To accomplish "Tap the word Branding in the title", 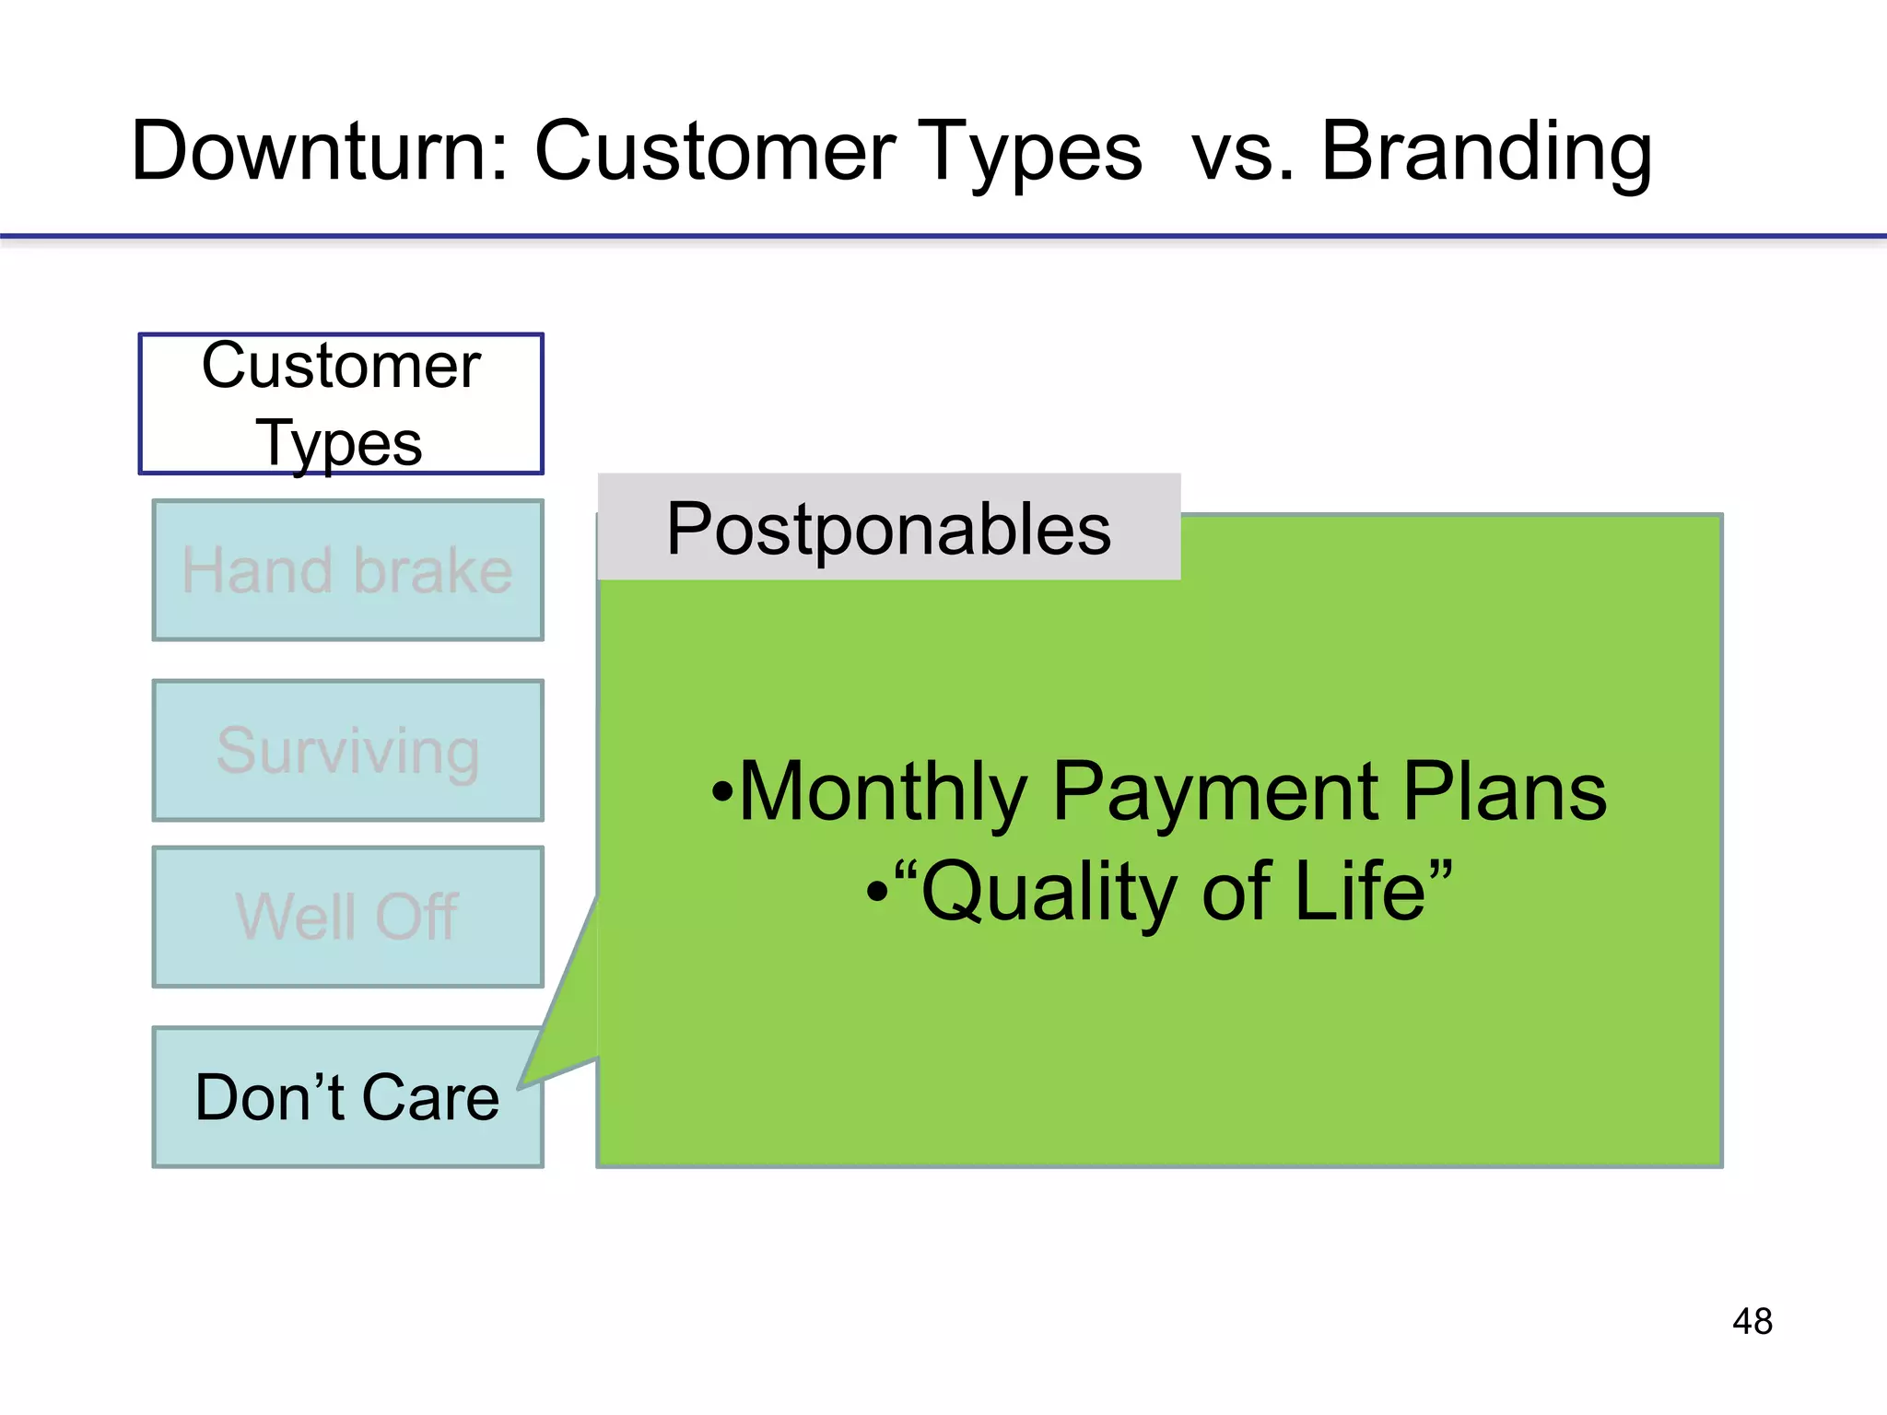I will click(x=1485, y=152).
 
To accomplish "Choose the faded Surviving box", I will click(x=347, y=751).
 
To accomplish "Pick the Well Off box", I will click(x=347, y=917).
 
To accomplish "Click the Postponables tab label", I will click(x=888, y=530).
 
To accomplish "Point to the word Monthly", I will click(x=883, y=792).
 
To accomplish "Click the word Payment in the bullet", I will click(x=1214, y=792).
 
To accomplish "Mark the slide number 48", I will click(x=1752, y=1322).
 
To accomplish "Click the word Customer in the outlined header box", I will click(x=341, y=366).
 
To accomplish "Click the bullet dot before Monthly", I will click(x=723, y=792).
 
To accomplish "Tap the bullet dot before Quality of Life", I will click(x=877, y=892).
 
